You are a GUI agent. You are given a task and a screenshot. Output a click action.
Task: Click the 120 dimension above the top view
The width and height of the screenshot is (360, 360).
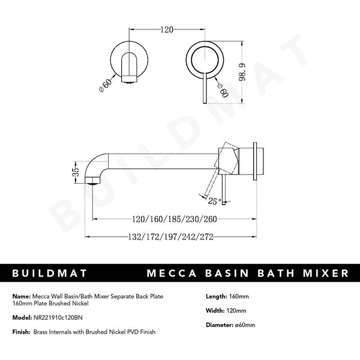click(x=167, y=28)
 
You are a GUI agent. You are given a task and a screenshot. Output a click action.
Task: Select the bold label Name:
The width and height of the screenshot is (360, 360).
click(x=21, y=296)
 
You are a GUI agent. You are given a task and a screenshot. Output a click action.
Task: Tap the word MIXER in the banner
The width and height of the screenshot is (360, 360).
click(x=324, y=274)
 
